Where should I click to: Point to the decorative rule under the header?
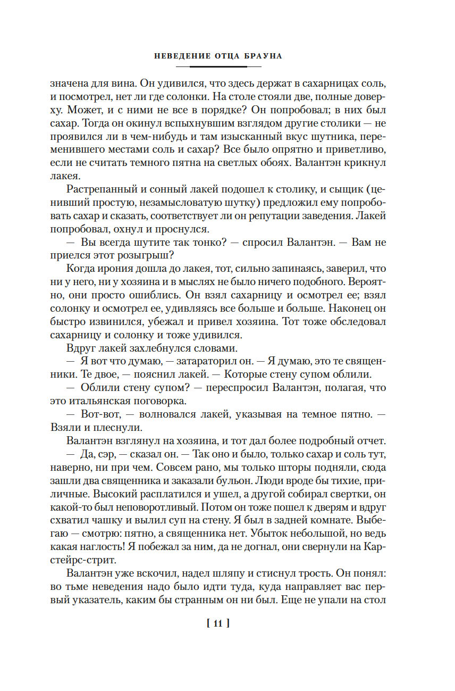click(218, 66)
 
